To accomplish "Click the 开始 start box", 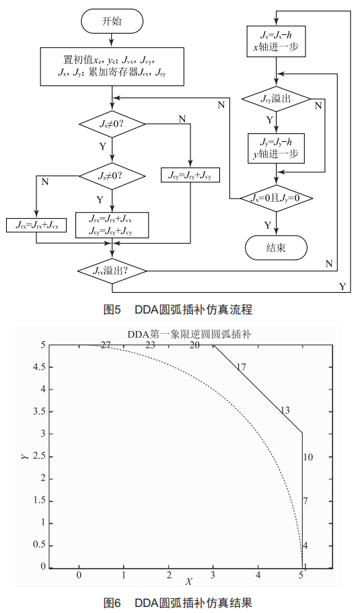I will pyautogui.click(x=112, y=21).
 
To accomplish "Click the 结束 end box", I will pyautogui.click(x=276, y=248).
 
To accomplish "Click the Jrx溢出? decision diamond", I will pyautogui.click(x=112, y=271).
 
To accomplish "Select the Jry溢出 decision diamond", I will pyautogui.click(x=276, y=99).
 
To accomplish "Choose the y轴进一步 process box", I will pyautogui.click(x=276, y=148).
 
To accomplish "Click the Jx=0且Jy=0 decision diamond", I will pyautogui.click(x=276, y=199).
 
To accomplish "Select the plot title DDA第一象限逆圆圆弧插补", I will pyautogui.click(x=190, y=334).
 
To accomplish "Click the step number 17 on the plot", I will pyautogui.click(x=242, y=367).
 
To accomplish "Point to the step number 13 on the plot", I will pyautogui.click(x=285, y=410).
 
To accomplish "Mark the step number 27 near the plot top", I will pyautogui.click(x=105, y=345).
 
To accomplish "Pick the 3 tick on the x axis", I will pyautogui.click(x=213, y=575).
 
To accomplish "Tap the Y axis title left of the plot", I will pyautogui.click(x=24, y=456).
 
